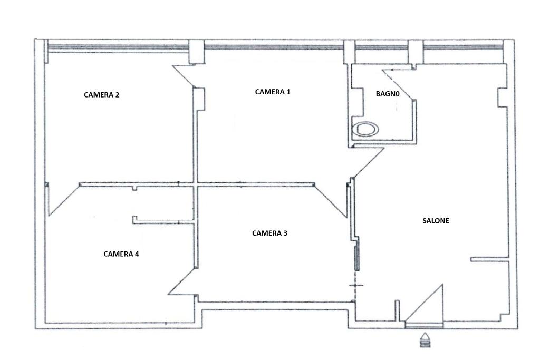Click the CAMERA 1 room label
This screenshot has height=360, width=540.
[x=273, y=92]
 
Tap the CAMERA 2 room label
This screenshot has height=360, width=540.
[x=102, y=95]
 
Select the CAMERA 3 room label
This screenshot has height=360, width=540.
[x=269, y=233]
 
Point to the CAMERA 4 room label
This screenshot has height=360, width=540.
[x=121, y=254]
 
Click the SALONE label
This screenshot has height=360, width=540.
[x=436, y=221]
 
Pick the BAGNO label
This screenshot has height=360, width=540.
[x=388, y=94]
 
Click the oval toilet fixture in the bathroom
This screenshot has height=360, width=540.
[x=365, y=130]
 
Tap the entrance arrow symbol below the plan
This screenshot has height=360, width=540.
[x=426, y=339]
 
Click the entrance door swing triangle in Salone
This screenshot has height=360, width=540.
[x=426, y=305]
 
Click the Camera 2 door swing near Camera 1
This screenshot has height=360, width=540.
[x=184, y=76]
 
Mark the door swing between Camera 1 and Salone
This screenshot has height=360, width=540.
[x=368, y=163]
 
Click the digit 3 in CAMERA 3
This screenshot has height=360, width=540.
[x=285, y=233]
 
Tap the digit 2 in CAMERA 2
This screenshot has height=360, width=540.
[x=117, y=95]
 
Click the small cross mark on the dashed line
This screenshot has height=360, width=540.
[x=356, y=285]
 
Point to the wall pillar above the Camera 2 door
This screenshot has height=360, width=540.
[x=197, y=52]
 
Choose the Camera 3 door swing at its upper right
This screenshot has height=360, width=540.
[x=331, y=201]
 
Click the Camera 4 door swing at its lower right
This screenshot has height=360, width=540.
[x=182, y=282]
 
